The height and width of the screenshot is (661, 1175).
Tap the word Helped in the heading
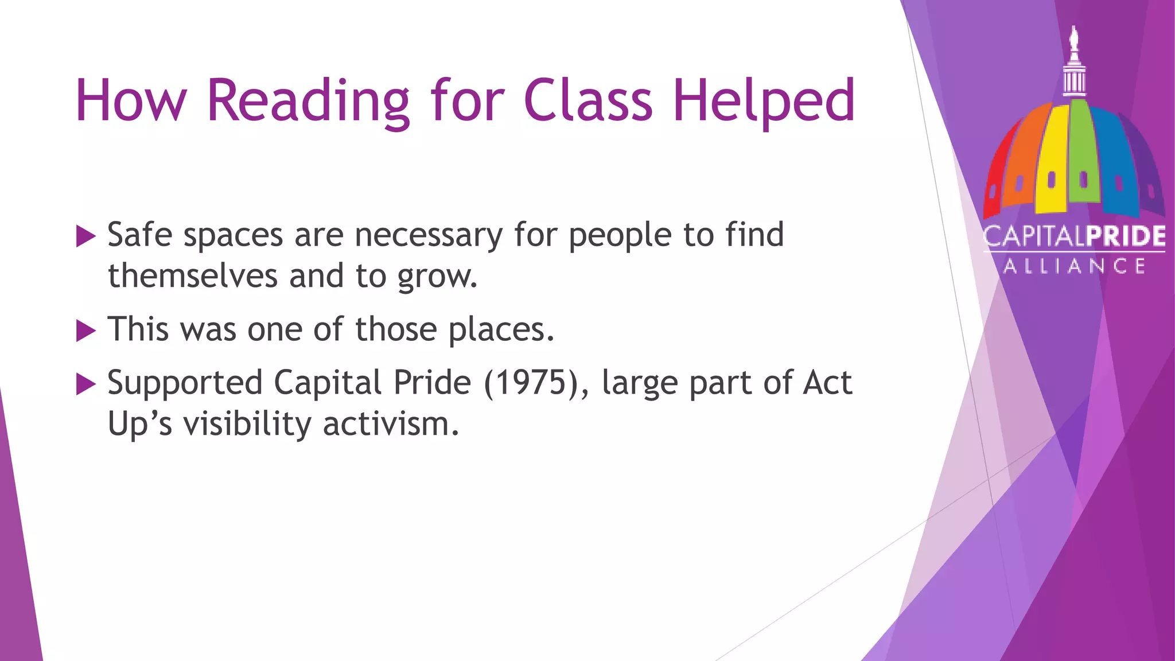(x=764, y=101)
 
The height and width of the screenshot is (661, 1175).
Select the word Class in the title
(x=588, y=101)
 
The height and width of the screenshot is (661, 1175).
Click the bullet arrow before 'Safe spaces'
(x=85, y=236)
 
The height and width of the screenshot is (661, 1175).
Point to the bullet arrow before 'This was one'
(x=85, y=330)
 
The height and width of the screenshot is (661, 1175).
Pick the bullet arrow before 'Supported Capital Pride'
(x=85, y=384)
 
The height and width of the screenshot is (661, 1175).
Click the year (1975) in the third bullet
(x=536, y=383)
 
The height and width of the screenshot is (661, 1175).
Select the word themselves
(x=193, y=276)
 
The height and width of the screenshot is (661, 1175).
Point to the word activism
(x=391, y=424)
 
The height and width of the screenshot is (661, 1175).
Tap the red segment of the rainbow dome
(x=996, y=178)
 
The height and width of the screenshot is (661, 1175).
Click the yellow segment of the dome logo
(x=1052, y=161)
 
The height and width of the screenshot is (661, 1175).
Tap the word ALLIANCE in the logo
(x=1074, y=266)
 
